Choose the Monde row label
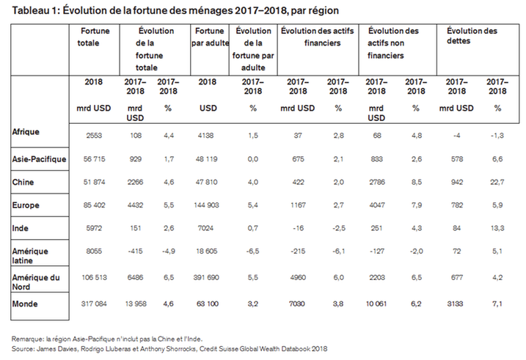pyautogui.click(x=25, y=302)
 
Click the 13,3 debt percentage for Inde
pyautogui.click(x=497, y=227)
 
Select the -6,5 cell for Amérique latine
pyautogui.click(x=254, y=251)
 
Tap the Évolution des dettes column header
pyautogui.click(x=473, y=37)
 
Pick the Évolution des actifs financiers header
pyautogui.click(x=318, y=37)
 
